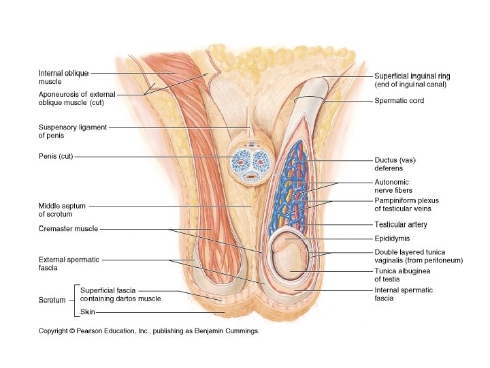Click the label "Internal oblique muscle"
click(x=63, y=77)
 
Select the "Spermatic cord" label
click(x=399, y=101)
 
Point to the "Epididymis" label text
click(x=392, y=239)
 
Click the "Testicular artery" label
click(x=401, y=224)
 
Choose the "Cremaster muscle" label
click(x=68, y=229)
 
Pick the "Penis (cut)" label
click(x=55, y=157)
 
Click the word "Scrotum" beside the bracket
click(x=52, y=300)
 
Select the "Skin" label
click(x=87, y=312)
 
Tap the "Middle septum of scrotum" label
click(x=62, y=210)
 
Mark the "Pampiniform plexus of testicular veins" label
click(x=406, y=204)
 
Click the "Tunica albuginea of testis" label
click(x=402, y=275)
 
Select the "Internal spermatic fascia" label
click(x=403, y=294)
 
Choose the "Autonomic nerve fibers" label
click(x=393, y=186)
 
